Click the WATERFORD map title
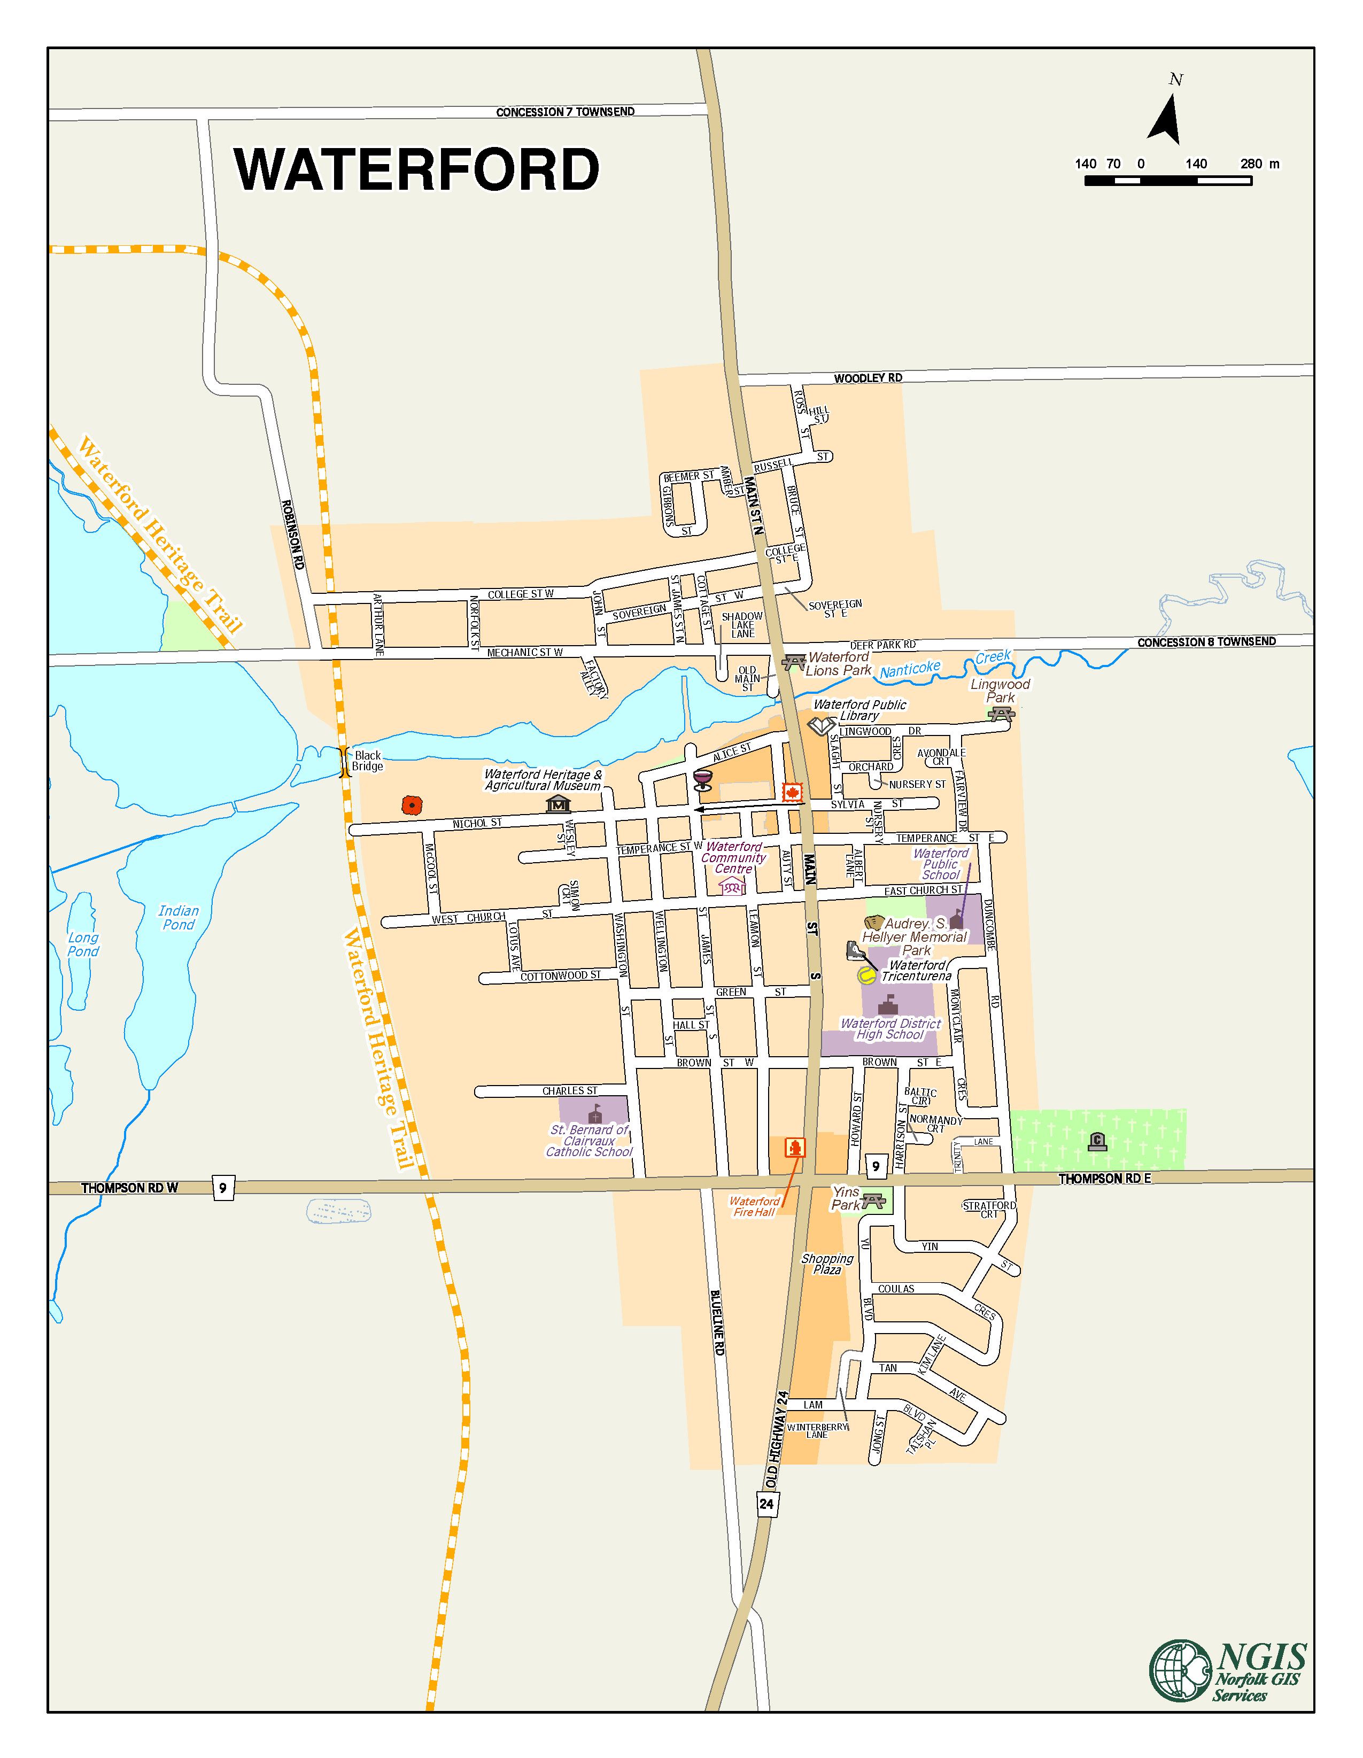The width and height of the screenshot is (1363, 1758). [416, 170]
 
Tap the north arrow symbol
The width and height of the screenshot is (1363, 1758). [1166, 119]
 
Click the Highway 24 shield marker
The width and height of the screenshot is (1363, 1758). [766, 1504]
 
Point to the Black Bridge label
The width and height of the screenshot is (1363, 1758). [367, 761]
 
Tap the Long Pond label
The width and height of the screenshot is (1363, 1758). [83, 944]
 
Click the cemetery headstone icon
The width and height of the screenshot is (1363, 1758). [1096, 1141]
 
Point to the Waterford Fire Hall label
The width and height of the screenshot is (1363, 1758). [754, 1206]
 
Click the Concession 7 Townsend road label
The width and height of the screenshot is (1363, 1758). [564, 112]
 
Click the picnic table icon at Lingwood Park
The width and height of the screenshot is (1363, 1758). [1001, 714]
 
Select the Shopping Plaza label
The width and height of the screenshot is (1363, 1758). [827, 1264]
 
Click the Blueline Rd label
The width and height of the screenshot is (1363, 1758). [717, 1322]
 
